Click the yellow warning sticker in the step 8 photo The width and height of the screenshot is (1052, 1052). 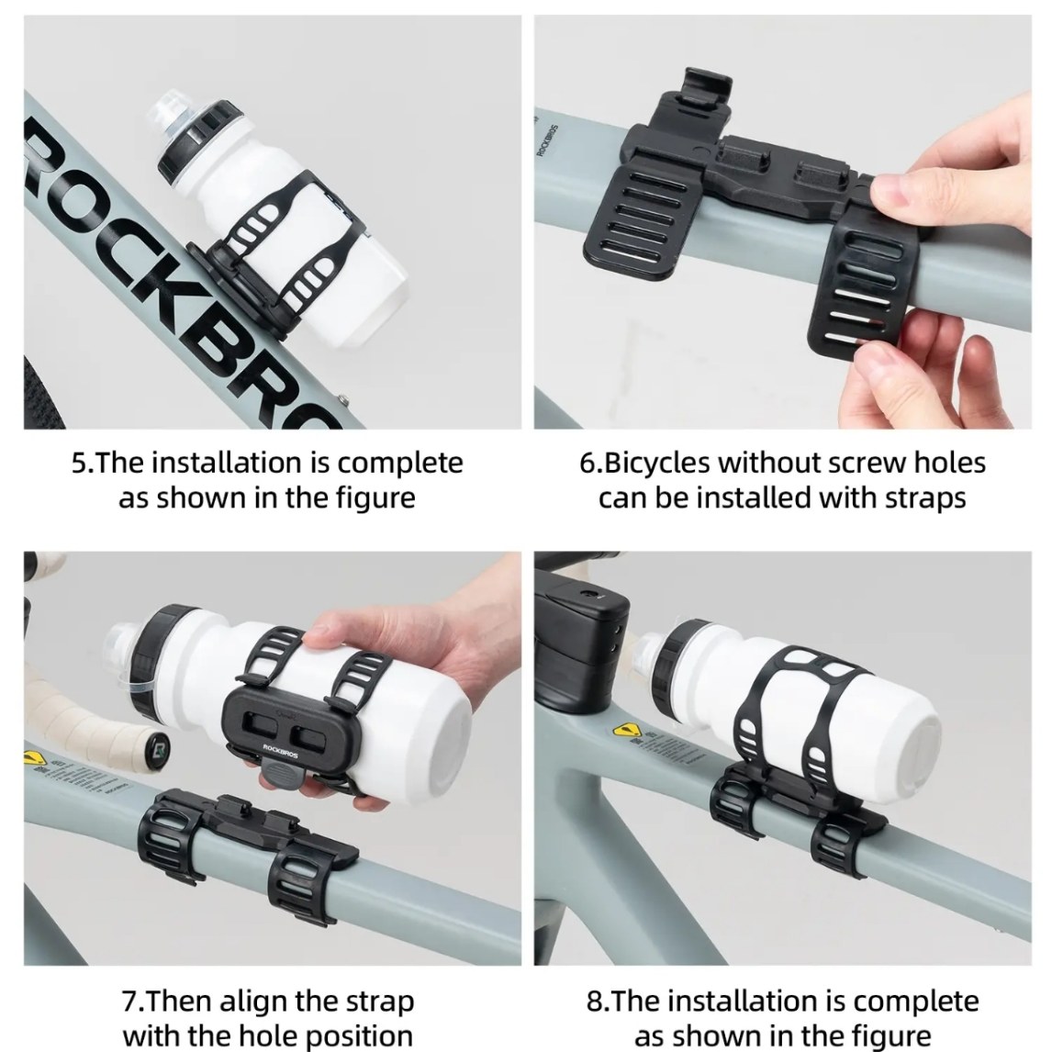tap(625, 730)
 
